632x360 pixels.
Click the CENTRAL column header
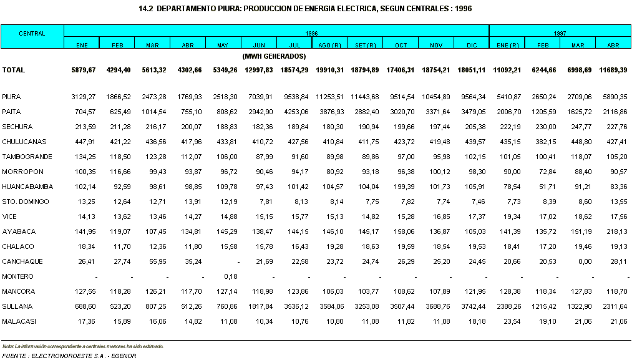click(32, 34)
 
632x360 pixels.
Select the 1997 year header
click(560, 34)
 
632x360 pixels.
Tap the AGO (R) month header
click(329, 45)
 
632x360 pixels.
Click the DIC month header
click(472, 45)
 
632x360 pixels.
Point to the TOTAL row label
click(13, 70)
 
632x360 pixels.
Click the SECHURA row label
click(17, 127)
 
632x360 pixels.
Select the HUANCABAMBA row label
click(27, 187)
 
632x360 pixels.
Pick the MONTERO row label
click(17, 276)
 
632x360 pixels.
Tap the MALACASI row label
click(19, 321)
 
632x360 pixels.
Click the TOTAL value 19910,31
click(329, 70)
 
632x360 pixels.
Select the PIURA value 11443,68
click(365, 97)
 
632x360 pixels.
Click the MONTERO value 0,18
click(231, 276)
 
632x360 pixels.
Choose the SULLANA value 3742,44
click(473, 306)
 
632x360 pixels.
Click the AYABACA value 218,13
click(616, 231)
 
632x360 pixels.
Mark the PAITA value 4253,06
click(296, 112)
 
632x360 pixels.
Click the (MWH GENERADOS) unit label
click(274, 56)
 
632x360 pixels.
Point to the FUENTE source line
click(69, 356)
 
